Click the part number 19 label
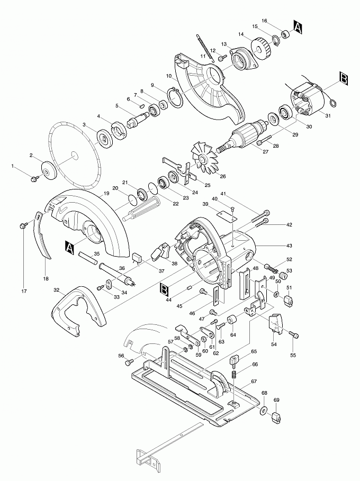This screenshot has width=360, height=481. tap(106, 194)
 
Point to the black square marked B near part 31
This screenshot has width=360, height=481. tap(344, 78)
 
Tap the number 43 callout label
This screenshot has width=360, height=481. tap(289, 246)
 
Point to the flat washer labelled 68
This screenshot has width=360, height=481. tap(263, 411)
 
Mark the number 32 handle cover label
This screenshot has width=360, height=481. tap(56, 290)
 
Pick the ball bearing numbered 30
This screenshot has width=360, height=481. tap(286, 112)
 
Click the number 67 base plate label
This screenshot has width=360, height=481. tap(254, 382)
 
